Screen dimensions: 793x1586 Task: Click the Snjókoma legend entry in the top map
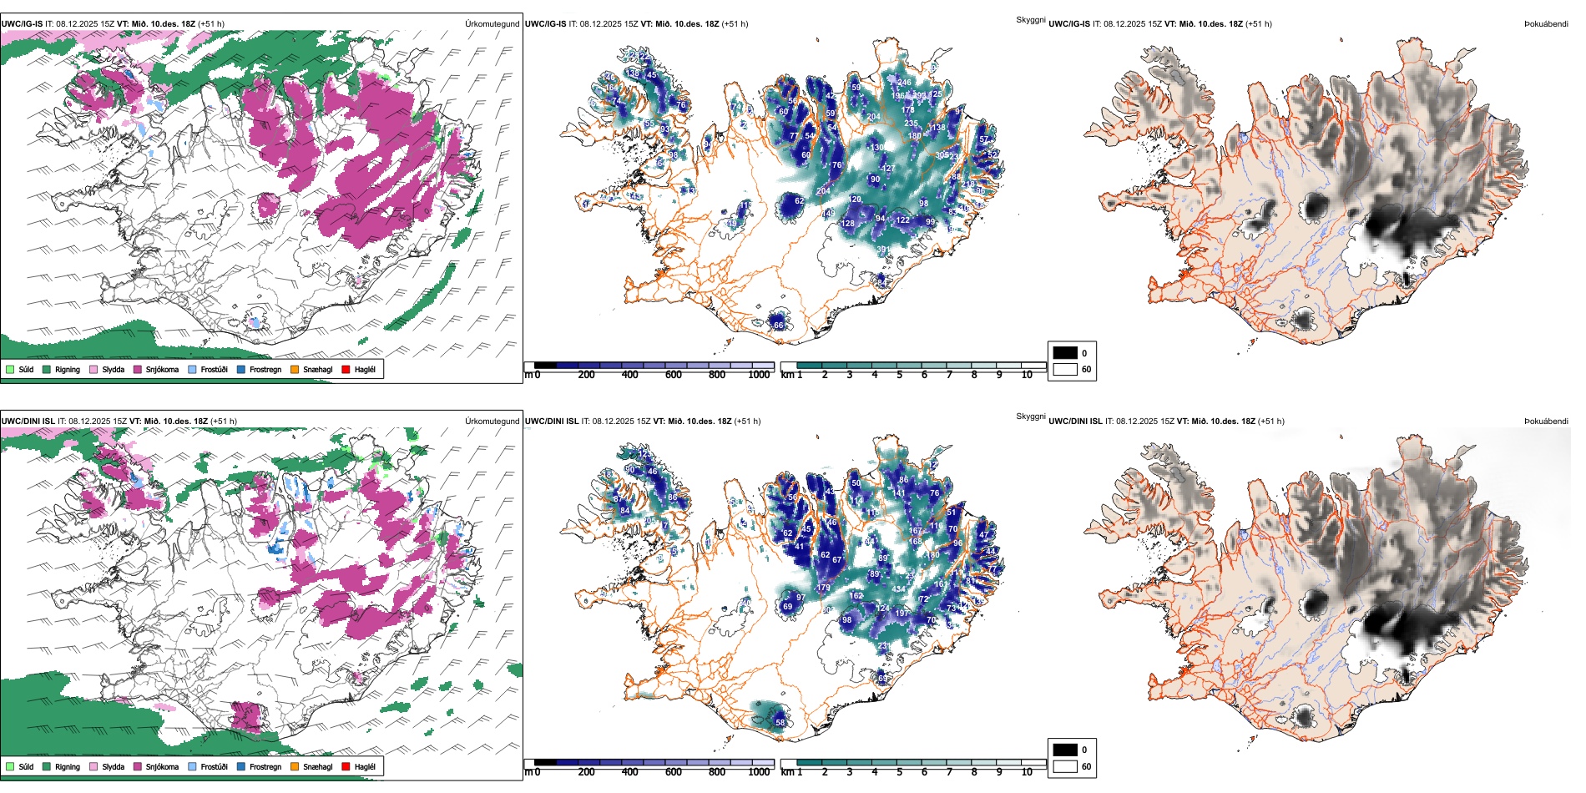click(162, 369)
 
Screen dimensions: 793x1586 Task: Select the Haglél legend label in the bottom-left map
click(365, 766)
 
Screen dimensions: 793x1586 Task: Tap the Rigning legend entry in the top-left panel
click(68, 369)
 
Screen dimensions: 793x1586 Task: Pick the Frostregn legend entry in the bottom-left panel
click(265, 766)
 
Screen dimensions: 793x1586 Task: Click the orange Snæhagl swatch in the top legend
click(295, 369)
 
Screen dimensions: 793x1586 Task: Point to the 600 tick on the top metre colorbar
click(674, 375)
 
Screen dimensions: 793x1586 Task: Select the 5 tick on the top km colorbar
click(899, 375)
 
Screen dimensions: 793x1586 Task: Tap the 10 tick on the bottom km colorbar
click(1027, 772)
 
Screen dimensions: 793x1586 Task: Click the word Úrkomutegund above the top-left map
click(492, 24)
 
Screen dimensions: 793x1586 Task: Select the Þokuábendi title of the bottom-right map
click(1546, 422)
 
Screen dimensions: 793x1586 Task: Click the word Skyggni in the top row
click(1030, 20)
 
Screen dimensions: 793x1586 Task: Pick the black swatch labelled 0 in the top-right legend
click(1065, 353)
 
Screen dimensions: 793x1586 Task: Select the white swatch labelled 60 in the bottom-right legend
click(1065, 766)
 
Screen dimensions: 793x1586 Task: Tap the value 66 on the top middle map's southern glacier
click(778, 325)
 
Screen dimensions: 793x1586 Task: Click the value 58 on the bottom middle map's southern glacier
click(780, 723)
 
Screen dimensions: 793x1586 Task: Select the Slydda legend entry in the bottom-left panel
click(114, 766)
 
